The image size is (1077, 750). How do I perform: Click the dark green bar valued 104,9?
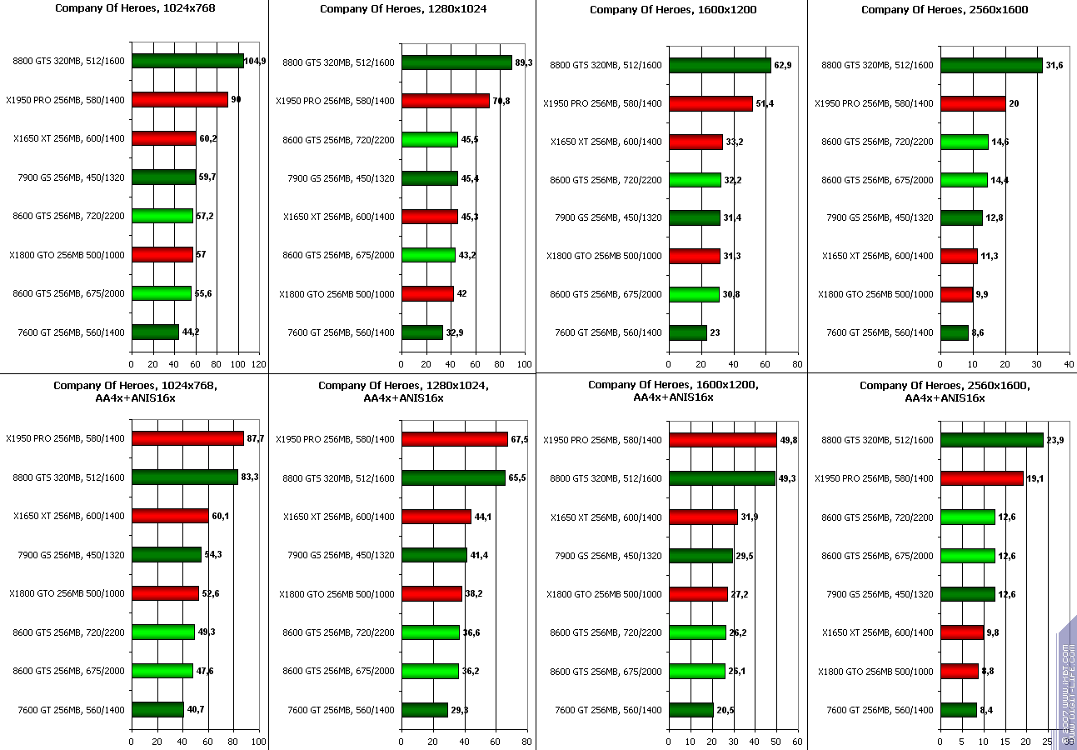pyautogui.click(x=187, y=61)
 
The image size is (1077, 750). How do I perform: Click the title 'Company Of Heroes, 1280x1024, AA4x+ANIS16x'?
pyautogui.click(x=403, y=392)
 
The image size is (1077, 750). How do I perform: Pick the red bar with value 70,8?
pyautogui.click(x=446, y=101)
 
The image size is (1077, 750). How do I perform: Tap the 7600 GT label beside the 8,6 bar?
pyautogui.click(x=880, y=333)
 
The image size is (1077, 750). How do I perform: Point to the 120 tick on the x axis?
pyautogui.click(x=259, y=364)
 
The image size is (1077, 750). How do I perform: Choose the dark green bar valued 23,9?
pyautogui.click(x=991, y=440)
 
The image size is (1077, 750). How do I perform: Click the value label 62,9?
pyautogui.click(x=783, y=64)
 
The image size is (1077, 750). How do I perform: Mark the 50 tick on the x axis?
pyautogui.click(x=776, y=741)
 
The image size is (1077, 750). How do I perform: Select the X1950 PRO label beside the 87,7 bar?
pyautogui.click(x=66, y=438)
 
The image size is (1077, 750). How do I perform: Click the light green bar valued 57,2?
pyautogui.click(x=162, y=216)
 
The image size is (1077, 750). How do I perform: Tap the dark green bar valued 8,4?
pyautogui.click(x=958, y=710)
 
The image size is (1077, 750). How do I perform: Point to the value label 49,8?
pyautogui.click(x=789, y=440)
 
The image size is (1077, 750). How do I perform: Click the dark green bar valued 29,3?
pyautogui.click(x=425, y=710)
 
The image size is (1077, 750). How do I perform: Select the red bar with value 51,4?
pyautogui.click(x=711, y=103)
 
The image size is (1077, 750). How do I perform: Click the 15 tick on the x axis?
pyautogui.click(x=1005, y=741)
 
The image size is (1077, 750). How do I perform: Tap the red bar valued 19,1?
pyautogui.click(x=981, y=478)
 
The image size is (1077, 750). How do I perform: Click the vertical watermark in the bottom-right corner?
pyautogui.click(x=1067, y=683)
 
